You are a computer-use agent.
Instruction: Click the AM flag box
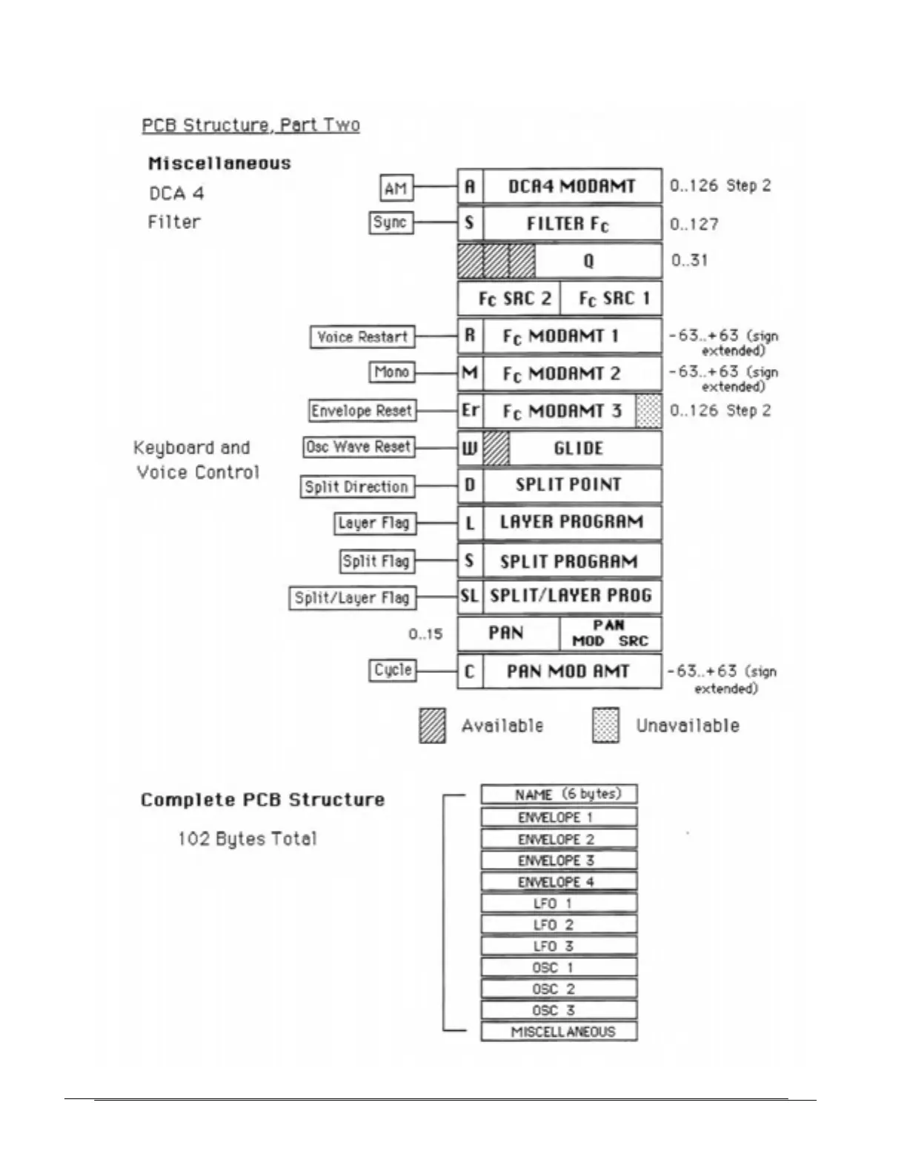tap(396, 188)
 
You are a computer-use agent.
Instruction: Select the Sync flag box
tap(391, 222)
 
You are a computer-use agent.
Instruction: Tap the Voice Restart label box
tap(362, 337)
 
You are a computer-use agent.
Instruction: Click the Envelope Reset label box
tap(361, 411)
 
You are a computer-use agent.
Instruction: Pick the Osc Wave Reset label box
tap(358, 447)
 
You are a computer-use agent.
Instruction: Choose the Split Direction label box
tap(356, 487)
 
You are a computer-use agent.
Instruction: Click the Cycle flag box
tap(392, 670)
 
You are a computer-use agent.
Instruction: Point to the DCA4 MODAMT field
tap(571, 186)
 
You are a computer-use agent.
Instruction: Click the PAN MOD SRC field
tap(610, 634)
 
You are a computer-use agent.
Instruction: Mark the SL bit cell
tap(470, 597)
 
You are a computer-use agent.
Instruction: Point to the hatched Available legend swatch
tap(432, 726)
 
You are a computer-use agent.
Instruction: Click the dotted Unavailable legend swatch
tap(605, 726)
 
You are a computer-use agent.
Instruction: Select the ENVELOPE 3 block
tap(559, 860)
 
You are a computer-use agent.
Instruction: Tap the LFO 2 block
tap(559, 925)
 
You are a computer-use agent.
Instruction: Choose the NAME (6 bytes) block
tap(559, 795)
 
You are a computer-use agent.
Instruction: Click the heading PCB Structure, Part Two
tap(250, 125)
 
